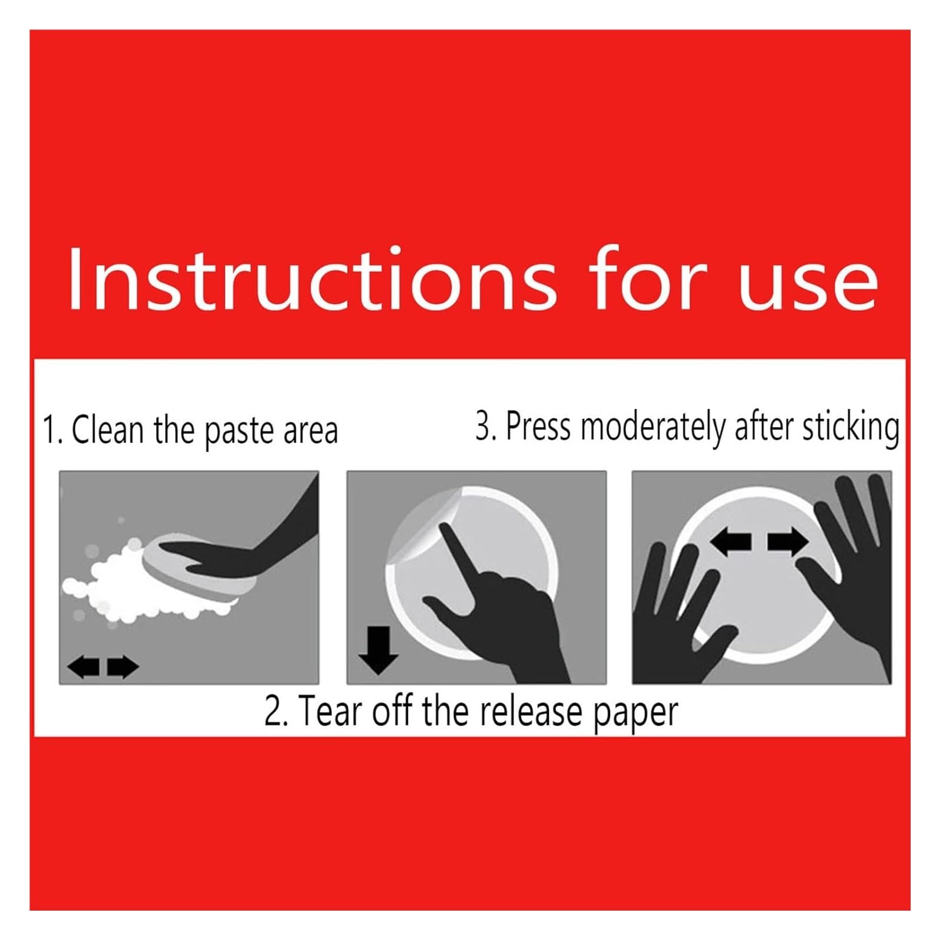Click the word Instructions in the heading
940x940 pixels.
coord(312,278)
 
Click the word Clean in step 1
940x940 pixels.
coord(108,429)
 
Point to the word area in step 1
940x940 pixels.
coord(311,432)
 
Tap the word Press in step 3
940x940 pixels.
coord(538,426)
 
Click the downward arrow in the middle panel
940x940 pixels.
coord(378,650)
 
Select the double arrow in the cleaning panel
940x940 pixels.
coord(103,667)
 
